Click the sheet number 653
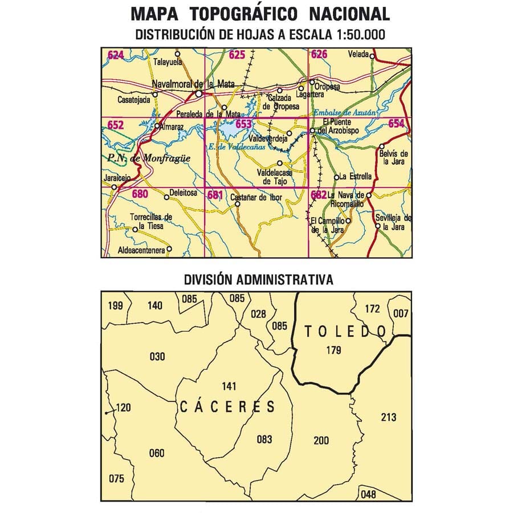coord(243,124)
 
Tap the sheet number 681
coord(215,195)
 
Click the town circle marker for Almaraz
coord(157,126)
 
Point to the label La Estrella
coord(356,176)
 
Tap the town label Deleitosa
coord(184,193)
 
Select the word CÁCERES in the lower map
coord(227,407)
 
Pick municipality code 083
coord(264,439)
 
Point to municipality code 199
coord(115,306)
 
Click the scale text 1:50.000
coord(357,35)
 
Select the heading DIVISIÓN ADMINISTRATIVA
coord(258,280)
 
